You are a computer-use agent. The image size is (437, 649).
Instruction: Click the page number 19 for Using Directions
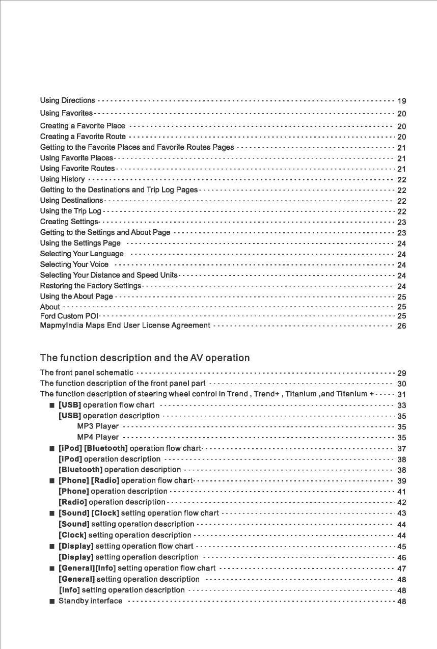point(401,101)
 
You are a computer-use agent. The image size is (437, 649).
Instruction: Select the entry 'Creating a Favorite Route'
point(83,137)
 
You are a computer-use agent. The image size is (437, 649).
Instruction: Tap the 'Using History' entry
point(62,179)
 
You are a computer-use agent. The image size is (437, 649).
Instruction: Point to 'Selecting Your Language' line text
point(81,254)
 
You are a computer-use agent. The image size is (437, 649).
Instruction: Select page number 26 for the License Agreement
point(401,326)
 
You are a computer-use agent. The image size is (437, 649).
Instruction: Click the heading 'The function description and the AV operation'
point(145,358)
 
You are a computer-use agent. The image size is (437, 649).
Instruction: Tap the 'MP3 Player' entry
point(98,426)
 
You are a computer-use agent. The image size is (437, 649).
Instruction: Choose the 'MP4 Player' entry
point(98,437)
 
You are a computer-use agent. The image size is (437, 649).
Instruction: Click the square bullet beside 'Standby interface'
point(52,602)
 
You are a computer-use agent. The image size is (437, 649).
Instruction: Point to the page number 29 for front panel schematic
point(401,373)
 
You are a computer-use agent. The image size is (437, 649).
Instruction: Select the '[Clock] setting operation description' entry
point(125,535)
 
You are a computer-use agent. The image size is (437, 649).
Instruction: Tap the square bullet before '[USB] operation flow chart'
point(52,405)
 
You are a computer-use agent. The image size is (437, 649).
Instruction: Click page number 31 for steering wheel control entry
point(401,395)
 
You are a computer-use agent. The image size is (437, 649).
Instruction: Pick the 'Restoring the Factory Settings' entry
point(90,286)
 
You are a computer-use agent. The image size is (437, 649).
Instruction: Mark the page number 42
point(401,503)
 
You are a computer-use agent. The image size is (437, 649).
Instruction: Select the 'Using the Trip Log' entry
point(71,211)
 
